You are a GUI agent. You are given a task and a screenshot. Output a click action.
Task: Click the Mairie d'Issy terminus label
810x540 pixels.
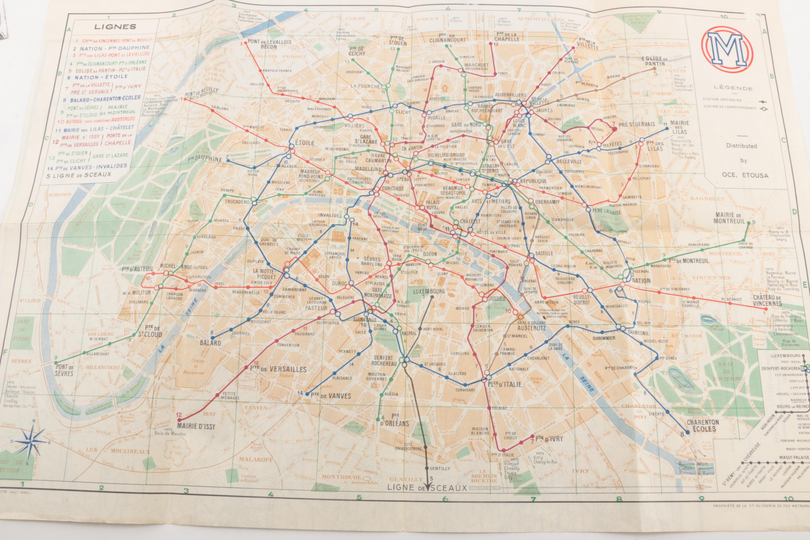(x=196, y=426)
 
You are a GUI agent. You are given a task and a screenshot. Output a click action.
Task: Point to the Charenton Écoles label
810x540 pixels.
(x=703, y=425)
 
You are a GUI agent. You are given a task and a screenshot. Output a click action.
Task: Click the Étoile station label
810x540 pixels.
(x=304, y=143)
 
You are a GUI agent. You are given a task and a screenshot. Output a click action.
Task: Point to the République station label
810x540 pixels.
(x=533, y=181)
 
